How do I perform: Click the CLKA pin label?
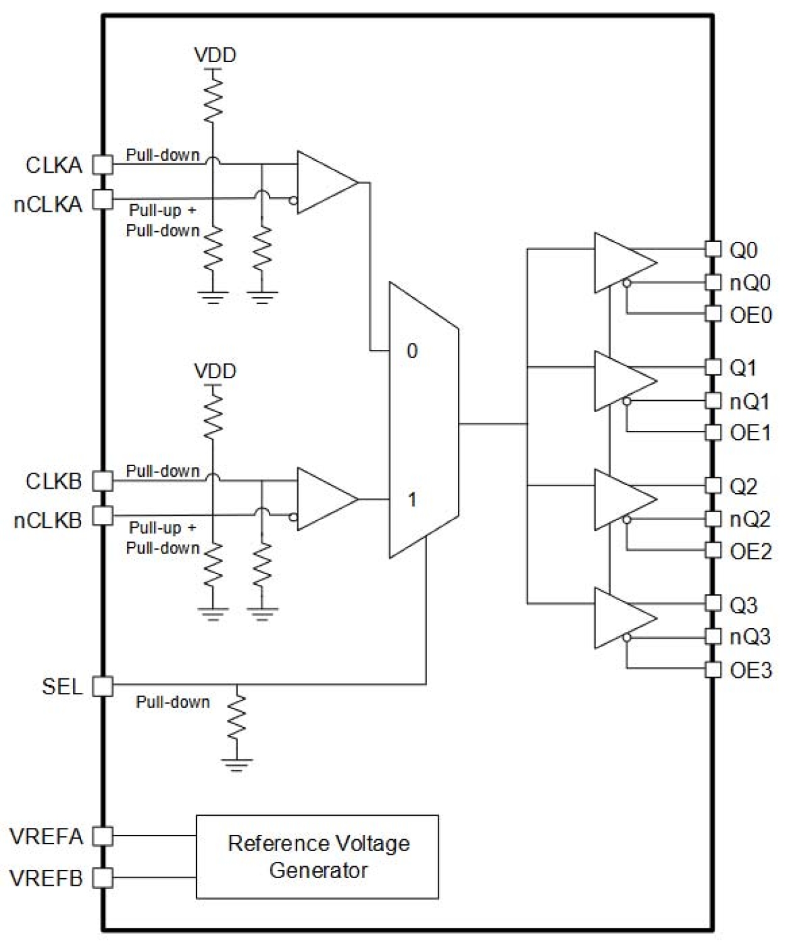tap(54, 165)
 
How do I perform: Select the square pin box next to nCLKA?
tap(103, 200)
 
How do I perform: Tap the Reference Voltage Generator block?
tap(317, 856)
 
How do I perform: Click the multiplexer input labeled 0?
tap(411, 351)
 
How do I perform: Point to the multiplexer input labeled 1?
tap(411, 500)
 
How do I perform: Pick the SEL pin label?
tap(62, 686)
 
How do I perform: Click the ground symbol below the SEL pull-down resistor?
tap(237, 764)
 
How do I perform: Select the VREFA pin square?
tap(103, 836)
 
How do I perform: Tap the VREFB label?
tap(46, 878)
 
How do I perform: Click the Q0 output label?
tap(743, 251)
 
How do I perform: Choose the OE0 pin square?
tap(713, 313)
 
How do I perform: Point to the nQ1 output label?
tap(749, 401)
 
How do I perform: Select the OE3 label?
tap(751, 670)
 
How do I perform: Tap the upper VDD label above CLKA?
tap(215, 55)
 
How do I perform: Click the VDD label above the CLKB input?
tap(215, 371)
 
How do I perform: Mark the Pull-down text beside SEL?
tap(173, 702)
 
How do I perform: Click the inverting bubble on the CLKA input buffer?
tap(293, 201)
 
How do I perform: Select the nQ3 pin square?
tap(713, 636)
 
